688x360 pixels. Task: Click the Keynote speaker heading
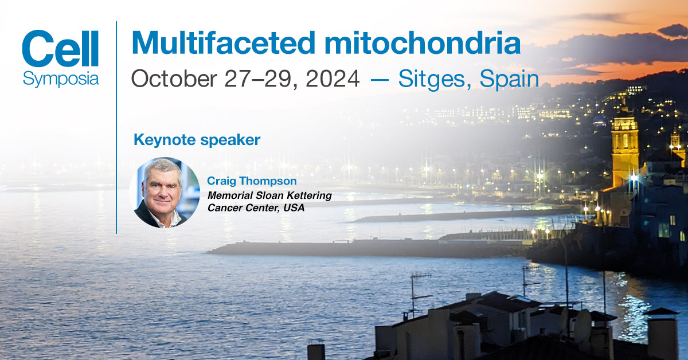pos(197,139)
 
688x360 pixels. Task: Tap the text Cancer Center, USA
pos(256,208)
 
